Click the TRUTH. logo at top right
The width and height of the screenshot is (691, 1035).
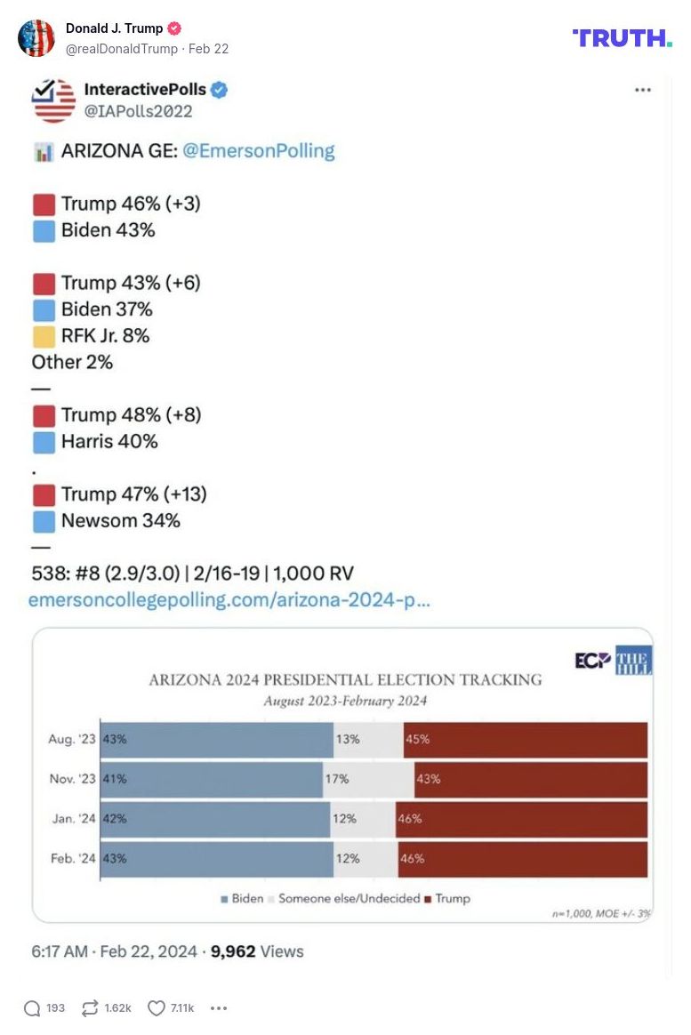[622, 37]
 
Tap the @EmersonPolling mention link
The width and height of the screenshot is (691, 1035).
[258, 151]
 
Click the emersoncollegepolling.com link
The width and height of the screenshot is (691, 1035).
[229, 600]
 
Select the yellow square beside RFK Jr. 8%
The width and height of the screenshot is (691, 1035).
[44, 336]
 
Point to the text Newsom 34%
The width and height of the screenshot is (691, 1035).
[120, 521]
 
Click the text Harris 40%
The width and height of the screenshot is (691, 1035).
[108, 442]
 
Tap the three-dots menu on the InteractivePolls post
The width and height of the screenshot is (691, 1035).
[642, 90]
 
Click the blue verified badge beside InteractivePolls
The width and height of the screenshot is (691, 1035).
[220, 89]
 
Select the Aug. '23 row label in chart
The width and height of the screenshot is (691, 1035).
[72, 740]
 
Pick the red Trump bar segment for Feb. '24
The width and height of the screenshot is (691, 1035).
[523, 859]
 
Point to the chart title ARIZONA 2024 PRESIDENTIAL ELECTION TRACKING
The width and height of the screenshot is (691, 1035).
[345, 680]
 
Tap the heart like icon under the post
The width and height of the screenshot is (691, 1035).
[157, 1008]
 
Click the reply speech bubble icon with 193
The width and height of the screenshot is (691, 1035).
[32, 1008]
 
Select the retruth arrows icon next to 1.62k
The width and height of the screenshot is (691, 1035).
[89, 1008]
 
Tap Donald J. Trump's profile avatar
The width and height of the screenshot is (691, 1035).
[36, 38]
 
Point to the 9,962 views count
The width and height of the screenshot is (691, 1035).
[233, 951]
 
